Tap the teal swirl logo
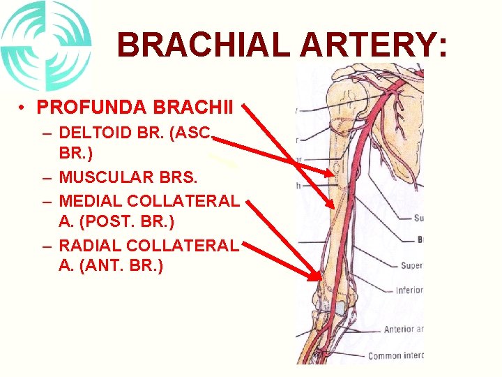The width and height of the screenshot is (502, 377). point(46,45)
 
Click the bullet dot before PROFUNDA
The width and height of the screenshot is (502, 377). point(23,108)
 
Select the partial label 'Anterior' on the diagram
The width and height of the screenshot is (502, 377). point(403,329)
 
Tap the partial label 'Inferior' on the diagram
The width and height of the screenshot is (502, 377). point(409,290)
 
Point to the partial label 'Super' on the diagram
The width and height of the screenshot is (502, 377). point(411,265)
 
